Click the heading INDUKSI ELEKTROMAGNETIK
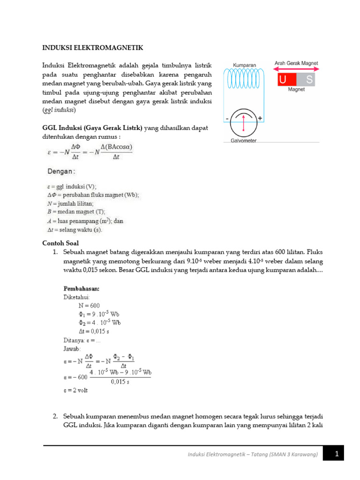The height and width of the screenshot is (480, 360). [x=92, y=48]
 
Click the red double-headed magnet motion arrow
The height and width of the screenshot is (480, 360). [x=296, y=69]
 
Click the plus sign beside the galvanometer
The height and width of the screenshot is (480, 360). [x=260, y=119]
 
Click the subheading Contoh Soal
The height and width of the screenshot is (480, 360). [x=60, y=243]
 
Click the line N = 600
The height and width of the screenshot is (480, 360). [x=89, y=305]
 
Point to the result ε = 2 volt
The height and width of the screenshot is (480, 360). [x=75, y=390]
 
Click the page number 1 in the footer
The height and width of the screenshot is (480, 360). [x=337, y=454]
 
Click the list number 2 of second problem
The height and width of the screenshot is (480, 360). [x=55, y=417]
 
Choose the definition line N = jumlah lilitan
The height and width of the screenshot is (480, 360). [x=70, y=203]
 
